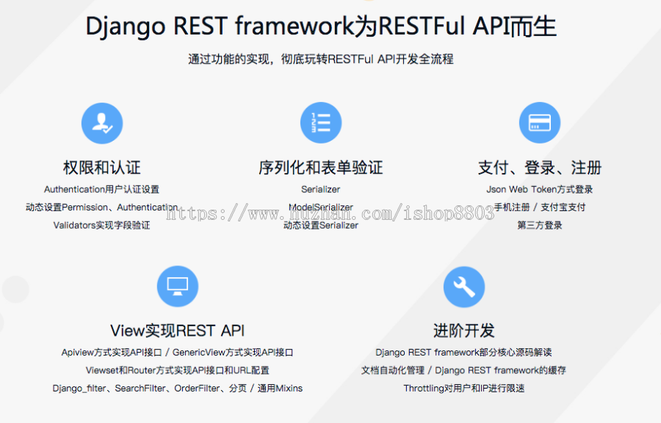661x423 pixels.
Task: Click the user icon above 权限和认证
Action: (x=102, y=122)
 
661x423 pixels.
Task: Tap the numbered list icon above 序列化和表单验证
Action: (x=321, y=122)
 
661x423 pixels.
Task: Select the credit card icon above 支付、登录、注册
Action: (x=540, y=122)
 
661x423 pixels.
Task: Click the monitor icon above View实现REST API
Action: (x=178, y=286)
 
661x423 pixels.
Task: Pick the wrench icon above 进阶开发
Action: (x=464, y=286)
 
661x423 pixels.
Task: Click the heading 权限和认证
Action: (x=102, y=168)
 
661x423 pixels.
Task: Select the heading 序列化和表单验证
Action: (x=321, y=168)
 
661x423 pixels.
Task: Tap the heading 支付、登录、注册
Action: (x=540, y=168)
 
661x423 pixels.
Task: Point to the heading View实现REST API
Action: (x=178, y=331)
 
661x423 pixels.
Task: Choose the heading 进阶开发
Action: (x=464, y=331)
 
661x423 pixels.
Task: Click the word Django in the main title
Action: (x=126, y=26)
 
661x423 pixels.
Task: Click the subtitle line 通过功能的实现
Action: (x=321, y=59)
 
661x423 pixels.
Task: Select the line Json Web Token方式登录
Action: (x=540, y=189)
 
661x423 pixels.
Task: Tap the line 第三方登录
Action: (x=540, y=225)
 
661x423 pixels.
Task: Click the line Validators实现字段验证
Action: (x=102, y=225)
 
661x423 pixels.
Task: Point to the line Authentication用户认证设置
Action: (x=102, y=189)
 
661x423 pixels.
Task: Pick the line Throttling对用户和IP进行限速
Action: (x=464, y=388)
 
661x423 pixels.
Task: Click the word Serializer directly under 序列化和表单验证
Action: (x=321, y=189)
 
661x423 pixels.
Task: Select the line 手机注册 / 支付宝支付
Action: (x=540, y=207)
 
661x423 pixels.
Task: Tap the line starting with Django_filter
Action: (x=178, y=388)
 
